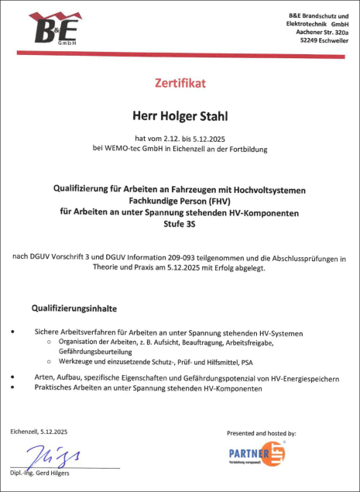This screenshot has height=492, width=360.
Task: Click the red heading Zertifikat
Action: (x=180, y=81)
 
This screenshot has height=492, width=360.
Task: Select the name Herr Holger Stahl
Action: (x=180, y=115)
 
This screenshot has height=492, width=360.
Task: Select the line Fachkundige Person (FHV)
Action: (x=180, y=200)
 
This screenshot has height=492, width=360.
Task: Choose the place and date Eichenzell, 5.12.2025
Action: (x=39, y=431)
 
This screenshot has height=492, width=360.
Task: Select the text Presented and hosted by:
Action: (x=262, y=433)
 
